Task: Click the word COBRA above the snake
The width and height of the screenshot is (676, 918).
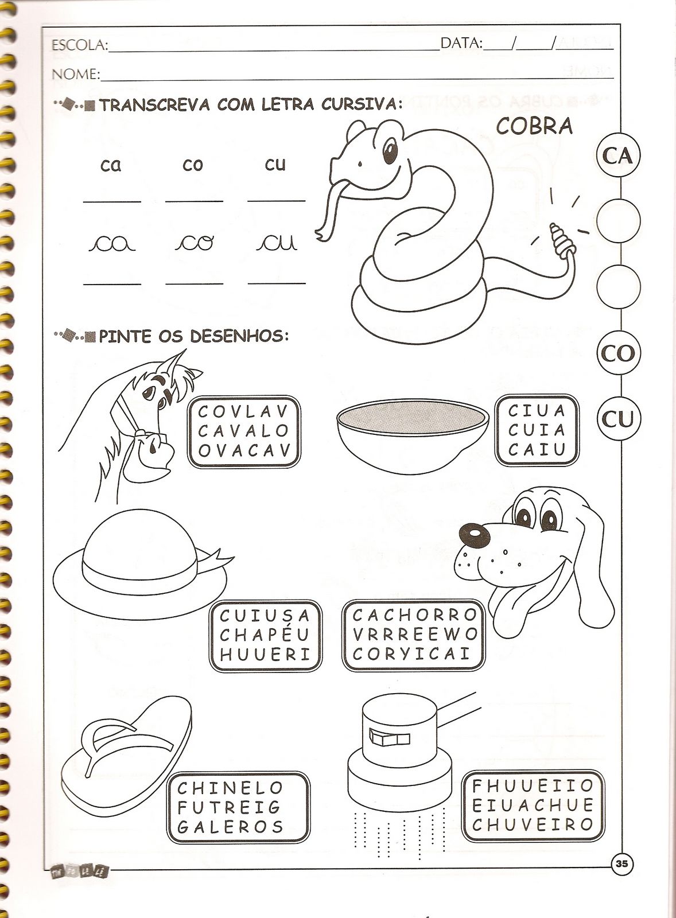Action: pos(534,126)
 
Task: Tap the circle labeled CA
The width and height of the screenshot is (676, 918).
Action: pos(618,155)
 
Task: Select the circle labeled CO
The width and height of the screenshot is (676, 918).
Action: pos(618,353)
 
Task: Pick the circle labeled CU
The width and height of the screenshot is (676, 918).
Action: pos(618,419)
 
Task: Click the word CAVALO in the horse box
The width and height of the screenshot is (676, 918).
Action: pos(244,431)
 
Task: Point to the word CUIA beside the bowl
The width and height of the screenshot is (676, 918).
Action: pos(537,430)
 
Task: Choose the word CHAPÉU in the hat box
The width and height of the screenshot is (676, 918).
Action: pos(265,635)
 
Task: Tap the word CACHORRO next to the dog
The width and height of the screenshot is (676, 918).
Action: pos(415,614)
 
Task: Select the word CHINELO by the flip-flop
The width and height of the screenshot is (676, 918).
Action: pos(230,787)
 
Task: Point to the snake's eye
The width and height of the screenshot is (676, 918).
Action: pos(390,150)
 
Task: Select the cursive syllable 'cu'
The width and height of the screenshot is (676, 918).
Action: pos(277,243)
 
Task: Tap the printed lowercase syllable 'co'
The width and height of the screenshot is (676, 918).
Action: pos(193,165)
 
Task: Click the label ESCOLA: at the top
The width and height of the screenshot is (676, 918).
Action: pos(80,45)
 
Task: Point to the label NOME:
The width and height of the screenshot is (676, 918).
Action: pos(76,74)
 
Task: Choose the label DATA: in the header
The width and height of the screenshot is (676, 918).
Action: pos(461,43)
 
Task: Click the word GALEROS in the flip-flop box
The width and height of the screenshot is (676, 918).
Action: pos(230,827)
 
